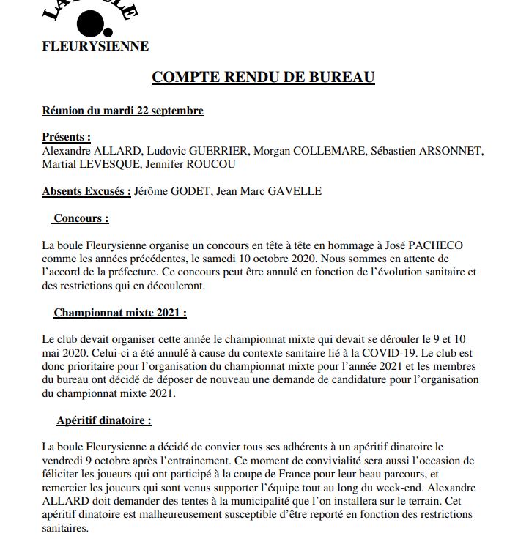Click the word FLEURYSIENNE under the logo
pyautogui.click(x=95, y=46)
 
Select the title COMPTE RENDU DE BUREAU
pyautogui.click(x=263, y=78)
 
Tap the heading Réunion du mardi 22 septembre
pyautogui.click(x=122, y=111)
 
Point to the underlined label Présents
pyautogui.click(x=66, y=137)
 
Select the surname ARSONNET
pyautogui.click(x=447, y=151)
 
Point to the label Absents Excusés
pyautogui.click(x=86, y=192)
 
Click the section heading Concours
pyautogui.click(x=81, y=218)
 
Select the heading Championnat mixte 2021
pyautogui.click(x=120, y=313)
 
